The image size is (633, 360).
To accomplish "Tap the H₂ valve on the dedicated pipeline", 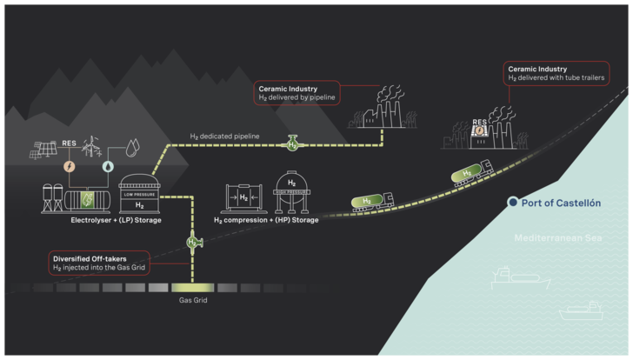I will coord(294,143).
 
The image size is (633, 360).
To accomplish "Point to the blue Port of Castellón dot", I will coord(513,203).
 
